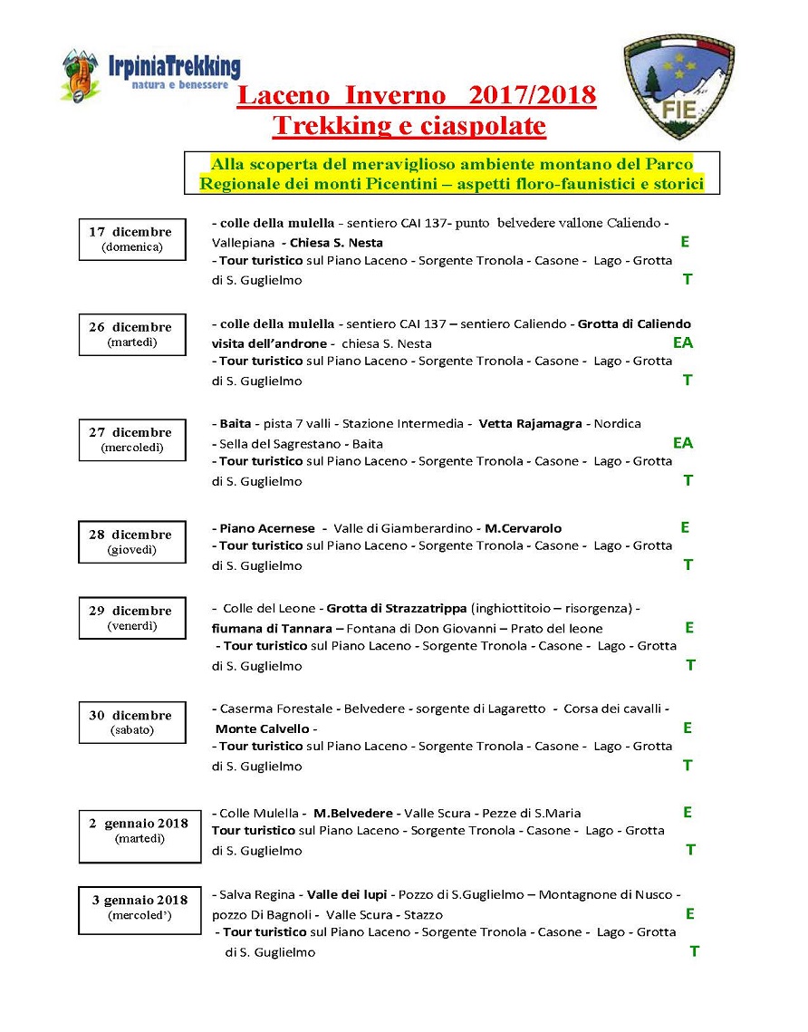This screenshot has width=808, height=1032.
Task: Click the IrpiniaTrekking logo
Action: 149,74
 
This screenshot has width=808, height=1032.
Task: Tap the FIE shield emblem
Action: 679,87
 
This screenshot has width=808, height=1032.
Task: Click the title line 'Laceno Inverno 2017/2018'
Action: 417,96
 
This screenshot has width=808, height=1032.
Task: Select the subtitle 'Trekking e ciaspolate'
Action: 409,126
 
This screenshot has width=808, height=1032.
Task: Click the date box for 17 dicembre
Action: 132,239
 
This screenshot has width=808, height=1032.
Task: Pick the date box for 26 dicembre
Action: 132,334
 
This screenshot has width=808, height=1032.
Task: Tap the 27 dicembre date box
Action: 132,439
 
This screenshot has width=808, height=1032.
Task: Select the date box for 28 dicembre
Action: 132,542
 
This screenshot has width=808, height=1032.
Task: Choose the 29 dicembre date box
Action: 132,618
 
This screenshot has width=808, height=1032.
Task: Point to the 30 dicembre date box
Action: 132,722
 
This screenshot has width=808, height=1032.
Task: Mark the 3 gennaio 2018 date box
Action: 139,908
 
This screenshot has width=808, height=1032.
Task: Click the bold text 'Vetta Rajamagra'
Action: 530,424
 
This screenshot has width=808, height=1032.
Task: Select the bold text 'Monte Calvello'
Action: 263,728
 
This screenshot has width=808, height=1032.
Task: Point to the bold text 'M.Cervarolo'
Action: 523,528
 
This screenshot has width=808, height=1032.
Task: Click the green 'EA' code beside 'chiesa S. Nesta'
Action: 682,342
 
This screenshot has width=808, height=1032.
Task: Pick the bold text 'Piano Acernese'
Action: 267,528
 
